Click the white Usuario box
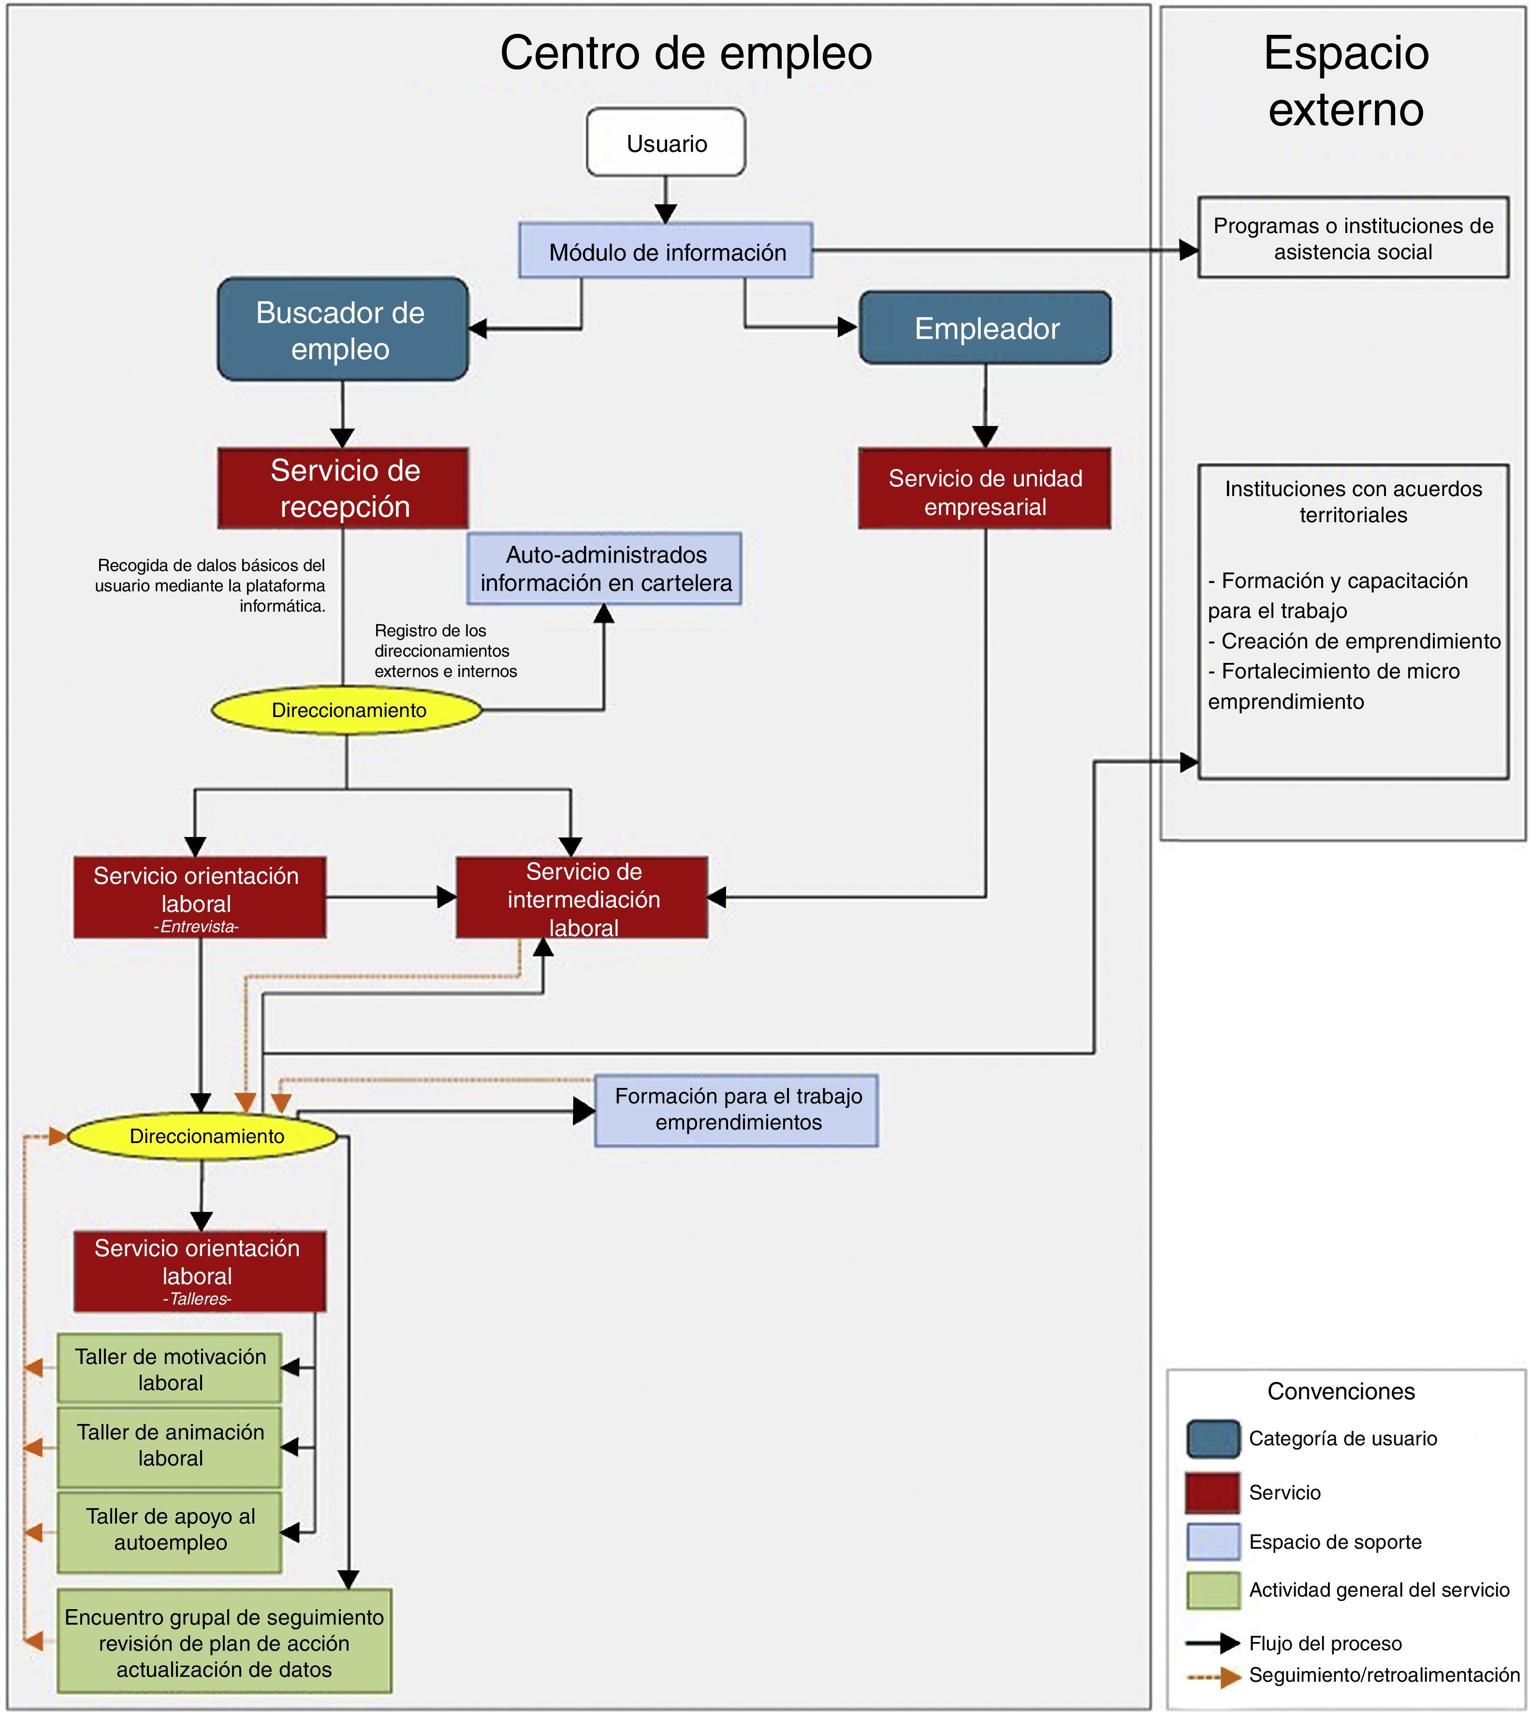tap(665, 142)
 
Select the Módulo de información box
tap(665, 250)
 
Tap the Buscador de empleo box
tap(342, 329)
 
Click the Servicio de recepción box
tap(343, 488)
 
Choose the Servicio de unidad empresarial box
tap(985, 488)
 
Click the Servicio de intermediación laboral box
tap(582, 897)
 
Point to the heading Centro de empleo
tap(686, 53)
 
